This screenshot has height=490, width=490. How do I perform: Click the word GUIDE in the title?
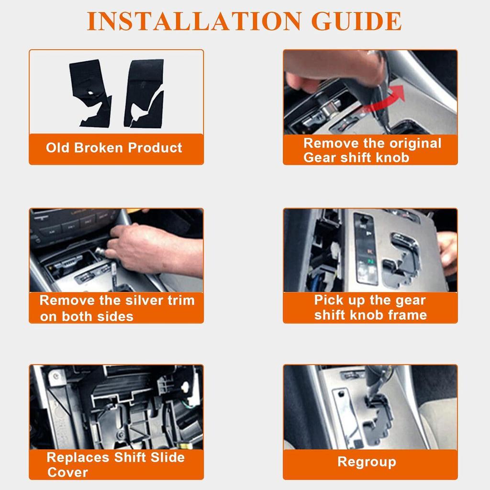(x=356, y=22)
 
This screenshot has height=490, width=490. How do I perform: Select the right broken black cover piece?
(x=144, y=93)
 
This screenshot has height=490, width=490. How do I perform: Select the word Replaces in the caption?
(x=78, y=457)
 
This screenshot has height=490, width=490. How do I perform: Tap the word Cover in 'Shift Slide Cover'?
(x=67, y=472)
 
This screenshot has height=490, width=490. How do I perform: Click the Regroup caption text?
(x=367, y=462)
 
